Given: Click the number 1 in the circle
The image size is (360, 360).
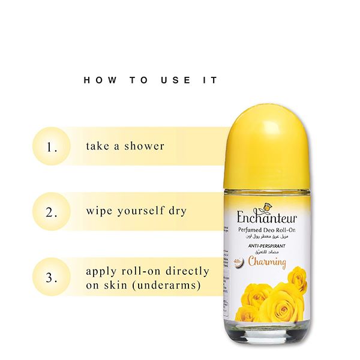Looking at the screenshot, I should pos(52,146).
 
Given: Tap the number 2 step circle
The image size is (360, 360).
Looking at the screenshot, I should pos(52,212).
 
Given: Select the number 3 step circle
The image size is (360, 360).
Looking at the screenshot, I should pos(52,278).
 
